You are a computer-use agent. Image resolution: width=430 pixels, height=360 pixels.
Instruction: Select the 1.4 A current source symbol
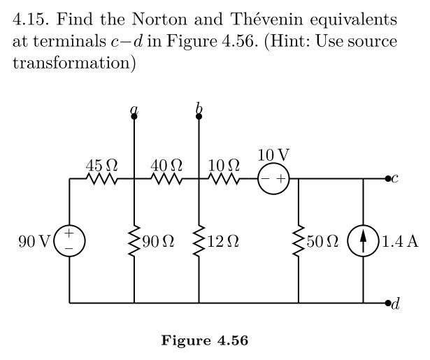(x=364, y=241)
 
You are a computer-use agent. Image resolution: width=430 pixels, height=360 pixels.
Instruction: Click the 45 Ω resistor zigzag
(x=101, y=179)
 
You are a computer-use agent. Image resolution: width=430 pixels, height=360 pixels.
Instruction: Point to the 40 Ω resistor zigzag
(x=166, y=179)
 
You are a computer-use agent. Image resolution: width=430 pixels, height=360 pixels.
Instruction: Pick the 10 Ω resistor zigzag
(x=224, y=179)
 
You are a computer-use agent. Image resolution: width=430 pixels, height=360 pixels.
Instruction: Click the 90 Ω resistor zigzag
(x=134, y=241)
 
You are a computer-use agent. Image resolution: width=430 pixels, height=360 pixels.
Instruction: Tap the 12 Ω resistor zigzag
(x=199, y=241)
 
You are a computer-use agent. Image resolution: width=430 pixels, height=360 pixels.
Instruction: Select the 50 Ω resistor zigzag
(x=299, y=241)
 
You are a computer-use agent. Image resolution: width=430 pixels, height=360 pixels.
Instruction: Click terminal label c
(x=395, y=179)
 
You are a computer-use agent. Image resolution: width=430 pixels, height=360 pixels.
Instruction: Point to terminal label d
(x=395, y=304)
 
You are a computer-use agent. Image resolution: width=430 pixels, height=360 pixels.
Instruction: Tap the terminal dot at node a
(x=134, y=116)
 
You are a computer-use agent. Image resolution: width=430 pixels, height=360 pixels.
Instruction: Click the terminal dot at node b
(x=199, y=116)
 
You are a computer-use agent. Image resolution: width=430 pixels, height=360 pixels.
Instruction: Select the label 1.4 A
(x=401, y=242)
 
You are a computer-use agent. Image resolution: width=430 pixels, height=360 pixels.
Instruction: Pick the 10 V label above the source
(x=273, y=154)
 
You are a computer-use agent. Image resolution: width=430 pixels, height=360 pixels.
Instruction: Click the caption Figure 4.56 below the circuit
(x=204, y=340)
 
